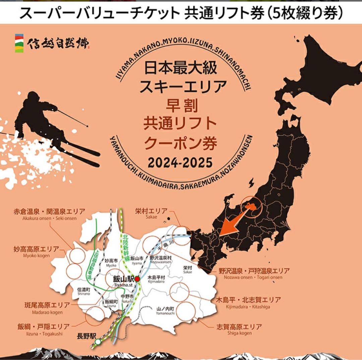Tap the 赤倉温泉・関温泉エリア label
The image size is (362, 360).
(x=49, y=212)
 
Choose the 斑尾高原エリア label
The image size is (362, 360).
(x=47, y=305)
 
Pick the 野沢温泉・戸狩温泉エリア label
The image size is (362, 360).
(x=254, y=271)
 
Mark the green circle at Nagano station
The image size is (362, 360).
(x=98, y=342)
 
